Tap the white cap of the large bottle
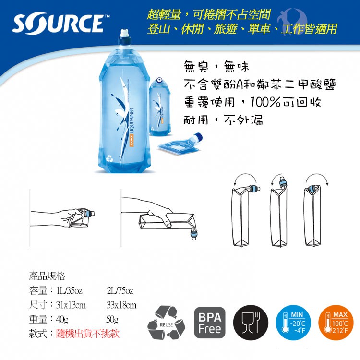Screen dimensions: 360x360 125,33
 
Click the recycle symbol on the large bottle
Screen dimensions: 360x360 109,158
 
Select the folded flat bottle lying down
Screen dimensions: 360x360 180,144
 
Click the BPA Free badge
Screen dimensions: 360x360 210,323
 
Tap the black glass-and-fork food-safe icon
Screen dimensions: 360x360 251,323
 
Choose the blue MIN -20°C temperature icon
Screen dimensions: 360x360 293,323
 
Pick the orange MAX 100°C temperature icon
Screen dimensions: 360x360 336,323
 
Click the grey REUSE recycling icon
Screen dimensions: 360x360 166,323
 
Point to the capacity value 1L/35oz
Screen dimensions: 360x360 69,291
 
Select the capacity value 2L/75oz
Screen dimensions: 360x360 120,291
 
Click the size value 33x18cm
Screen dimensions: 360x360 121,305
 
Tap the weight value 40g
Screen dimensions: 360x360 62,319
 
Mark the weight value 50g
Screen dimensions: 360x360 112,319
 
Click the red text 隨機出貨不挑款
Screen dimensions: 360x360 88,334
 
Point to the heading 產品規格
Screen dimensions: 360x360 47,276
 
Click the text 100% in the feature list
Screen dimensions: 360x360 265,102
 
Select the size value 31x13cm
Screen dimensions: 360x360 71,305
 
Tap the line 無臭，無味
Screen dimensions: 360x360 216,67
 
